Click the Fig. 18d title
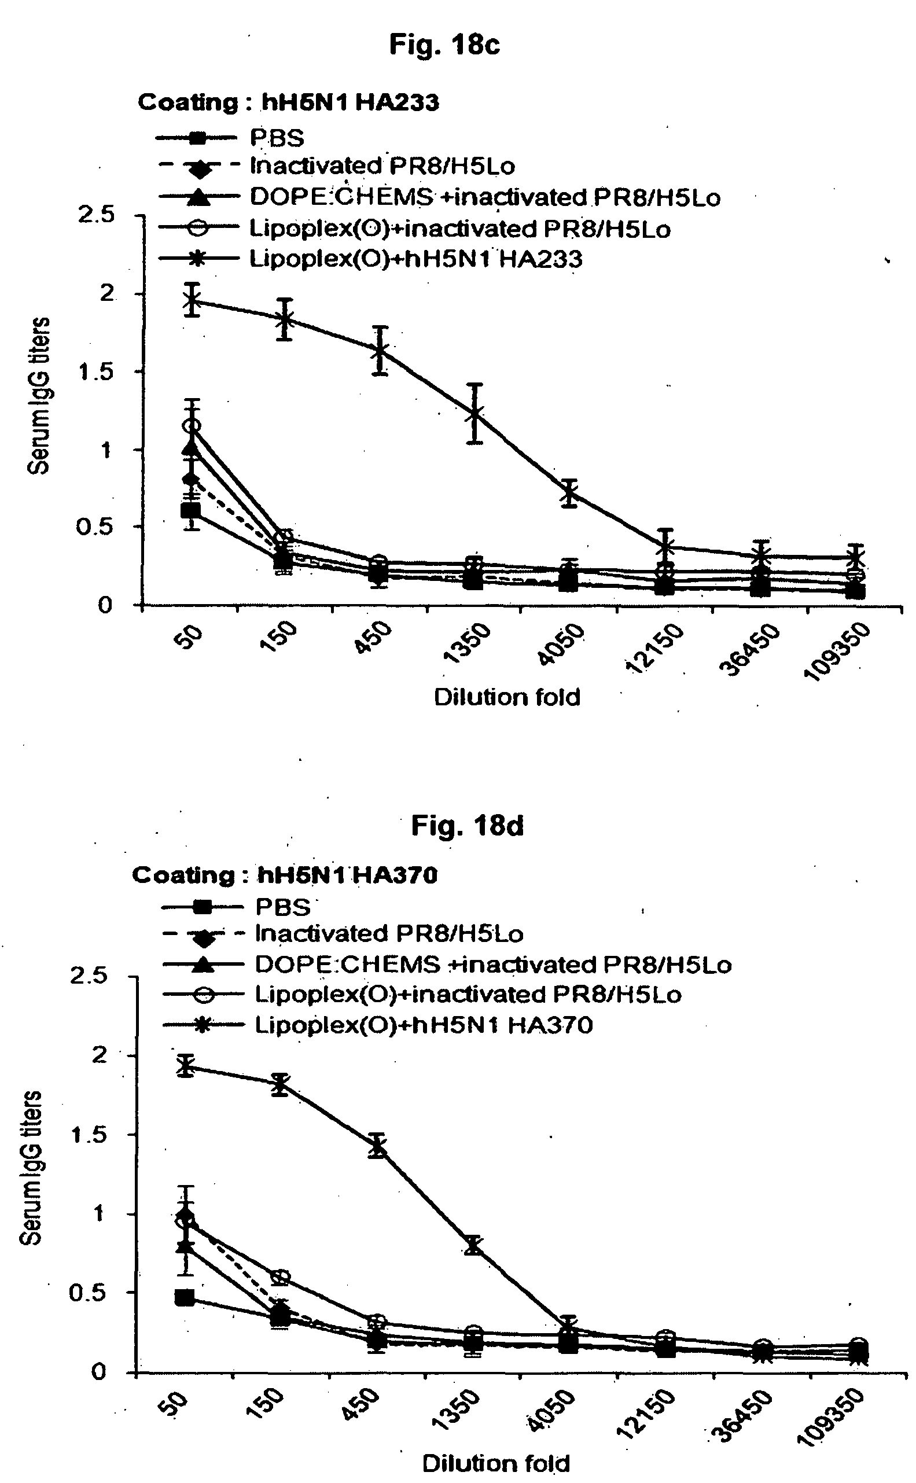point(467,825)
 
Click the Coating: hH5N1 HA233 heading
point(288,102)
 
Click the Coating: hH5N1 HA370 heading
point(285,875)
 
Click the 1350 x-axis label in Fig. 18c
point(467,644)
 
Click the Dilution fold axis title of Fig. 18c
point(507,697)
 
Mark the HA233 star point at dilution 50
point(193,300)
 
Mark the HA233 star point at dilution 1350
point(476,414)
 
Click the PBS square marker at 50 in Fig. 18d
point(185,1298)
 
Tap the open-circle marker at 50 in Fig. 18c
point(193,426)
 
